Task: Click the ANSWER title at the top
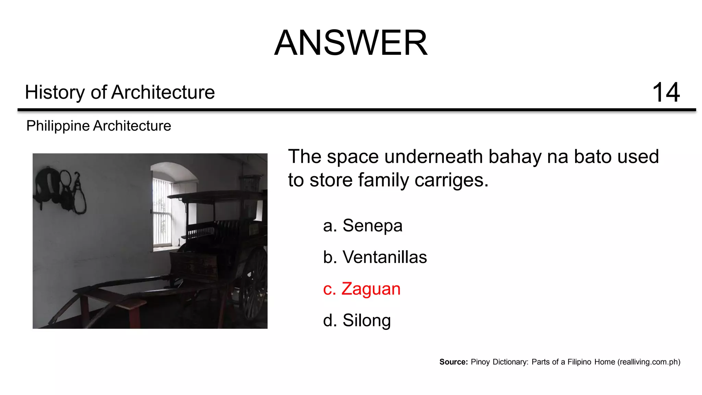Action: point(351,43)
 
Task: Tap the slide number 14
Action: point(666,92)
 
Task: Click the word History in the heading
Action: point(55,92)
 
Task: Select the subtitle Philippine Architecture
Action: point(98,126)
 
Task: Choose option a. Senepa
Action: point(363,226)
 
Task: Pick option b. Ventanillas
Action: point(375,257)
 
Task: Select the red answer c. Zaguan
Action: point(362,289)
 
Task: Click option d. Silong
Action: point(357,320)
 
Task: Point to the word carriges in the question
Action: point(451,180)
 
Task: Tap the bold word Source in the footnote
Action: point(453,362)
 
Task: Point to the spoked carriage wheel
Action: point(254,285)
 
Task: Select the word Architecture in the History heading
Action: point(163,92)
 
